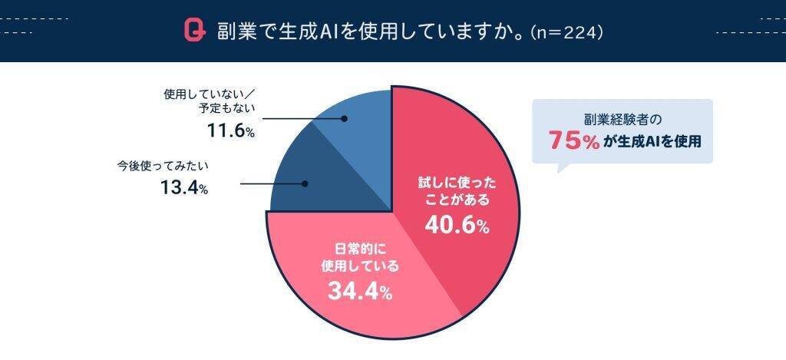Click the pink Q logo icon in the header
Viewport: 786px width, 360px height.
click(193, 31)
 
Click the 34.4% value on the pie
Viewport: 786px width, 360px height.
click(360, 292)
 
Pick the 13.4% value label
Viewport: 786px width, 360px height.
click(184, 187)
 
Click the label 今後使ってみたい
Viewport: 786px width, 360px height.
click(163, 165)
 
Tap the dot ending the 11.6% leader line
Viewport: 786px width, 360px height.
click(344, 119)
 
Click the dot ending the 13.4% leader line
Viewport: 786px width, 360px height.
click(305, 183)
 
